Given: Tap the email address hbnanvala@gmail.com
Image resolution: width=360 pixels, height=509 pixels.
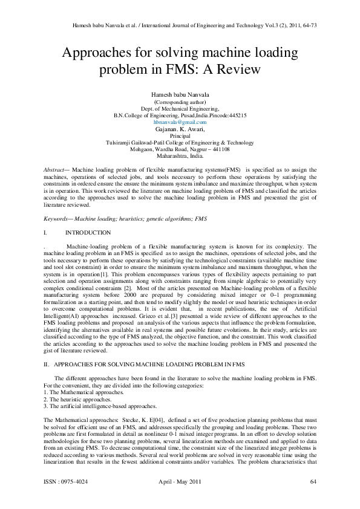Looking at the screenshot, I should click(180, 122).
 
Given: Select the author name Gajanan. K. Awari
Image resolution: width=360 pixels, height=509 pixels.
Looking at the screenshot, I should click(180, 129).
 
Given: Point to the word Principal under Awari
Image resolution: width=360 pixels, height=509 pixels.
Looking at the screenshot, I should click(180, 136).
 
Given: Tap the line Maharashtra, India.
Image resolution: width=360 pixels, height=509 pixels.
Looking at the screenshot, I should click(180, 156).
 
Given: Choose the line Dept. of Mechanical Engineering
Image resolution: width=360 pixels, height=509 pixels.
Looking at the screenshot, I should click(180, 108).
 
